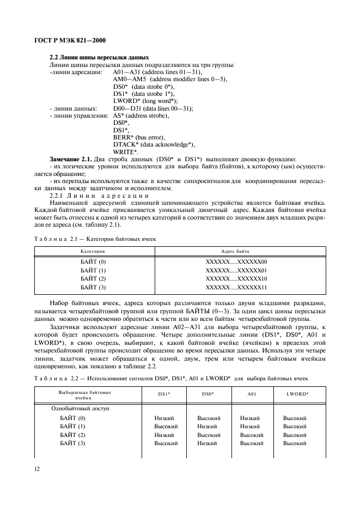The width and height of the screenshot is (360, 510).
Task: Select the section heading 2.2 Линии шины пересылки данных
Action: point(99,58)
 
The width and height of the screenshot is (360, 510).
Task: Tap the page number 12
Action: point(37,469)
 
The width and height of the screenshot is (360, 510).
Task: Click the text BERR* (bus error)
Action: point(139,137)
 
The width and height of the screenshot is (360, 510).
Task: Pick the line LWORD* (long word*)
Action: point(145,101)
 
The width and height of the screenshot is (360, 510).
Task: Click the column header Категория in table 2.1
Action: point(93,251)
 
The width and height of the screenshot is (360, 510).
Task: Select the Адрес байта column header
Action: point(235,251)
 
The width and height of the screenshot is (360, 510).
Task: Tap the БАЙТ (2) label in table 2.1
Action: point(93,279)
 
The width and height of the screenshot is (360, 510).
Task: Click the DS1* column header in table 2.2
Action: point(164,393)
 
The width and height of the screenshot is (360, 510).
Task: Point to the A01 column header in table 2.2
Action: point(251,393)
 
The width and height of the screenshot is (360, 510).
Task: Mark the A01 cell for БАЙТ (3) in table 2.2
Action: point(251,444)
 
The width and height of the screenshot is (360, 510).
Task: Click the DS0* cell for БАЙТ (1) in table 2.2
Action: point(207,427)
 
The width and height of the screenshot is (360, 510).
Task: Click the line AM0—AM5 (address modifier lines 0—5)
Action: point(170,80)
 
